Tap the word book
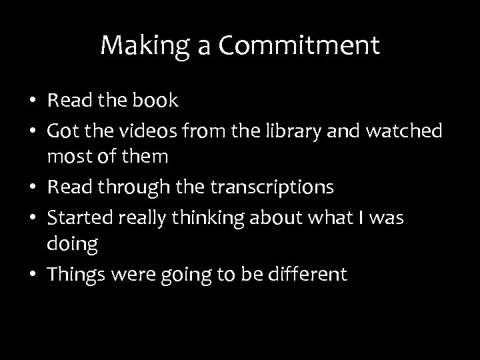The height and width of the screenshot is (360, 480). (x=155, y=101)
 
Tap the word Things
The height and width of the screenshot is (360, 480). (x=74, y=275)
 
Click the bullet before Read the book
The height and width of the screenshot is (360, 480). (x=32, y=102)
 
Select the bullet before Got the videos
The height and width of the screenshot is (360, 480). (x=32, y=131)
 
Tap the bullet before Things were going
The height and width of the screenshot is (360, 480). (x=32, y=275)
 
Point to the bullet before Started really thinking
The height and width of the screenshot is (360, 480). (x=32, y=218)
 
